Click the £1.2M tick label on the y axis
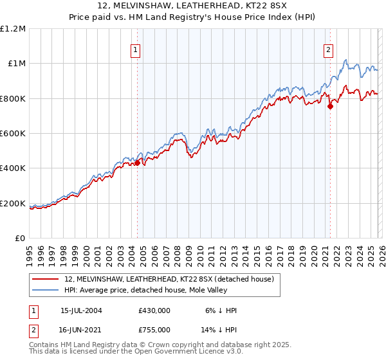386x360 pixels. pos(13,28)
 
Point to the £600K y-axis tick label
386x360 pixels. pos(13,133)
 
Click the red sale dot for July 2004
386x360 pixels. pos(137,163)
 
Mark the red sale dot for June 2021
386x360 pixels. pos(330,107)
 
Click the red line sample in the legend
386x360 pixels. pos(45,279)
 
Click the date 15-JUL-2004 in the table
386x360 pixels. pos(81,310)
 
